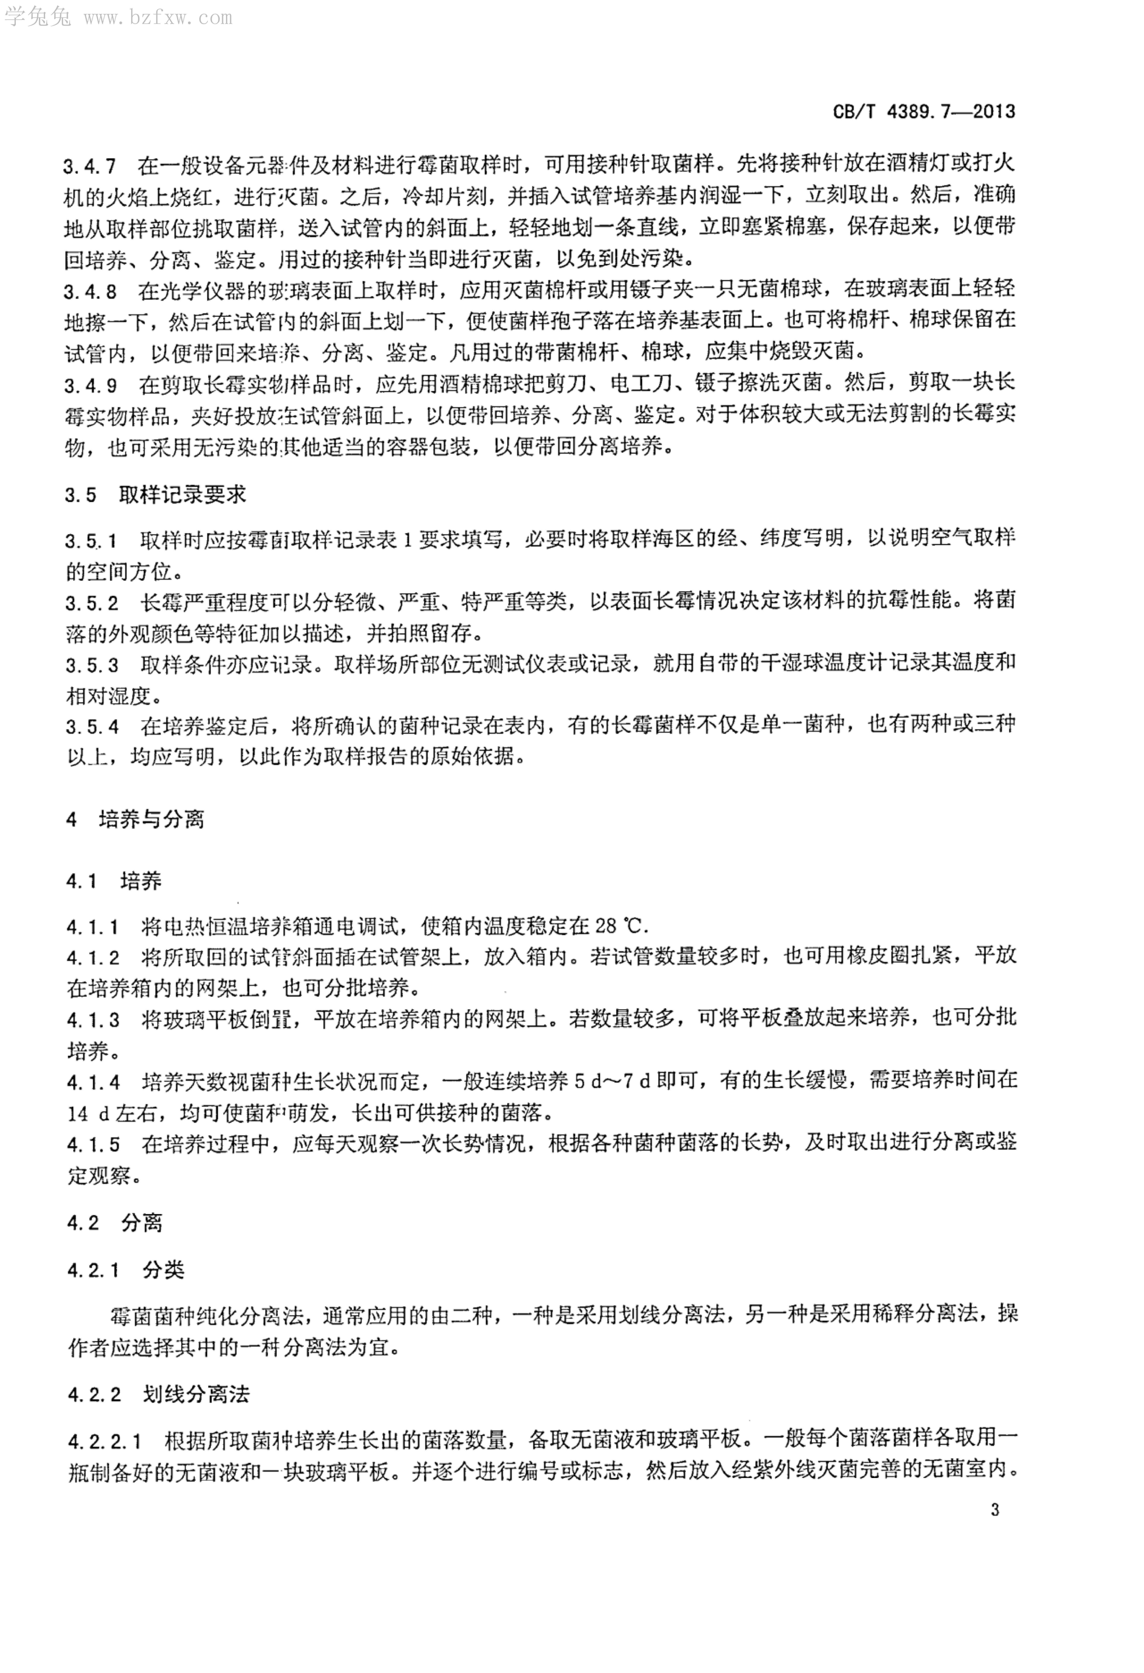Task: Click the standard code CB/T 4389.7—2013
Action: (924, 112)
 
